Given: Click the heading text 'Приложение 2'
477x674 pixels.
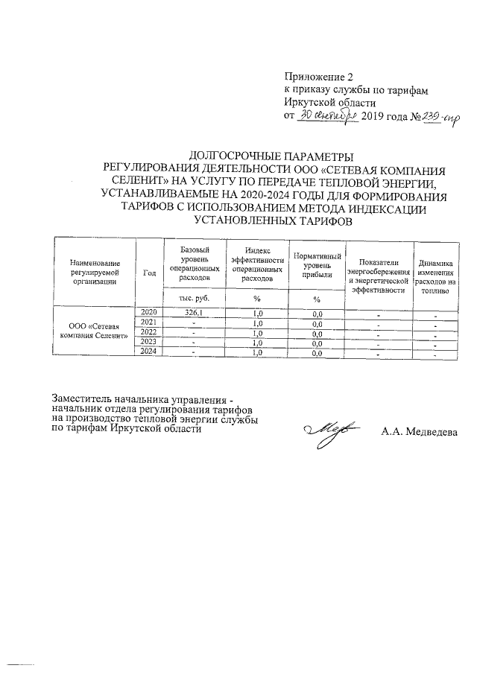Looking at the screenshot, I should point(318,77).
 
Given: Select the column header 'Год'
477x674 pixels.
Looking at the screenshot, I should point(148,273).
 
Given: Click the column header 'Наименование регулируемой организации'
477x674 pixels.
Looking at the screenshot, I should point(94,273).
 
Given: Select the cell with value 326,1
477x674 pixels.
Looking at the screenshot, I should point(193,312).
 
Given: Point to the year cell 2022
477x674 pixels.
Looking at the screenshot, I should point(148,332).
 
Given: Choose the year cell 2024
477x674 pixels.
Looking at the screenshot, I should point(148,352).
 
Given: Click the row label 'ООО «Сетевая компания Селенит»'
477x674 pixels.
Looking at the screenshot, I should point(94,332).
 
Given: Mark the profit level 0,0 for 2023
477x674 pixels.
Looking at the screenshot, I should point(317,343).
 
